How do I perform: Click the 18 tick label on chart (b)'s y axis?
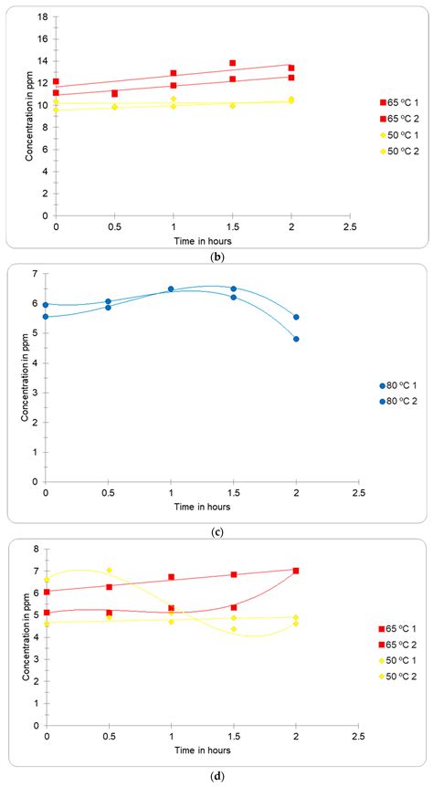point(44,17)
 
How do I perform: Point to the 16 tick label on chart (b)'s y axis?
point(44,39)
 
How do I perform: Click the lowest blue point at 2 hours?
point(296,339)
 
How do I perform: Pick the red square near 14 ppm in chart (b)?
point(233,63)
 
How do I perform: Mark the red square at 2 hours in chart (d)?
point(296,571)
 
